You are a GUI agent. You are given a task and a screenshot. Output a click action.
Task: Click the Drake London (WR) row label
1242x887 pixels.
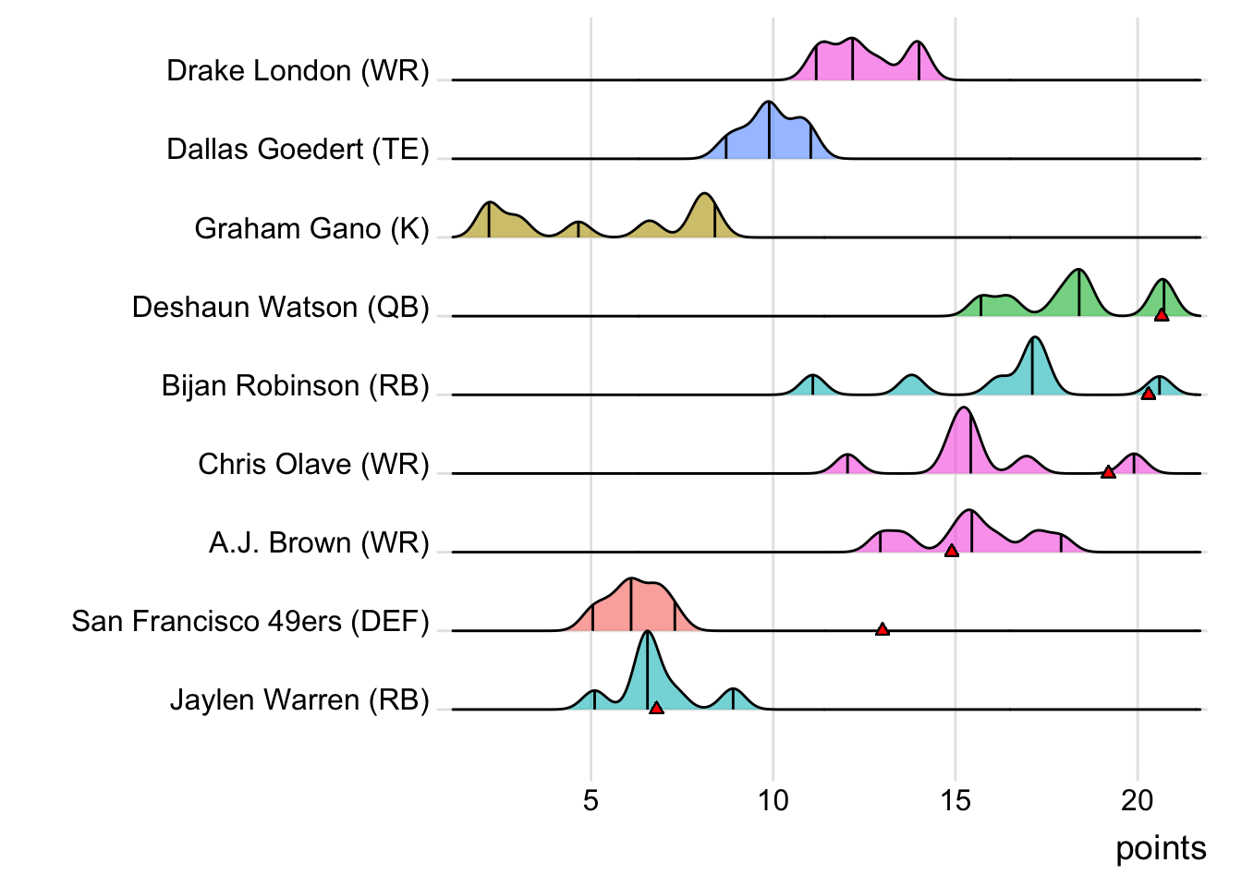298,71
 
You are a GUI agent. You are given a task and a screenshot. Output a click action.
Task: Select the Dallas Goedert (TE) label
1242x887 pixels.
298,150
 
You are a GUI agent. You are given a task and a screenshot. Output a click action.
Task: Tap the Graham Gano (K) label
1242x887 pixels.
311,228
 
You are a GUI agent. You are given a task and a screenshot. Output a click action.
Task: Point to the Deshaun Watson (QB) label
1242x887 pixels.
280,307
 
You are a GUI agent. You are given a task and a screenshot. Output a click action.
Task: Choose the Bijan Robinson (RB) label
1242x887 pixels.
295,385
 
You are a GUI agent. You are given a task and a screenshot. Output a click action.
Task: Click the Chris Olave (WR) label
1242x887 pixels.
313,464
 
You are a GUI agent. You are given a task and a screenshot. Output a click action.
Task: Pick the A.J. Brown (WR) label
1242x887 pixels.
319,542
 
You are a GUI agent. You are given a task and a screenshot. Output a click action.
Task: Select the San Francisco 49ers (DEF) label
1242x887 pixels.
250,621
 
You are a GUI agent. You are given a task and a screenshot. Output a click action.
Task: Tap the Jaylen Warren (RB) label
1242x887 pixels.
299,699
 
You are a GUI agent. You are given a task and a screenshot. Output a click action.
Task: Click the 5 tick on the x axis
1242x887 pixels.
591,800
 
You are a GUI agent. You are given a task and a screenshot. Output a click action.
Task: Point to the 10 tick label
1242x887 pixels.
773,800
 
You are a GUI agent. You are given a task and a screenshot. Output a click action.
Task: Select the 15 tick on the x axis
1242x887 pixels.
956,800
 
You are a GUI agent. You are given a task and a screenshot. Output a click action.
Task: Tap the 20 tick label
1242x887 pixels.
1138,800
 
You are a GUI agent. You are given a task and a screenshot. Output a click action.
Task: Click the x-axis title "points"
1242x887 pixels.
1161,848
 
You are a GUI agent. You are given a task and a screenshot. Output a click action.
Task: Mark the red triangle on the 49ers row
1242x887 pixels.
883,629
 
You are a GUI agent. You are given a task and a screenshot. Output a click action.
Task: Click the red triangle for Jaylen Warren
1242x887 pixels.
656,708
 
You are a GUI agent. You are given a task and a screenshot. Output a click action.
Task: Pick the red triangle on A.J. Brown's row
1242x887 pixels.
951,551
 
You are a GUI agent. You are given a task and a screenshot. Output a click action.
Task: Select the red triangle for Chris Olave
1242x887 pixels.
1108,472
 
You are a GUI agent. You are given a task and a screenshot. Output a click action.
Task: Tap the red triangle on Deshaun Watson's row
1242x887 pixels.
1162,315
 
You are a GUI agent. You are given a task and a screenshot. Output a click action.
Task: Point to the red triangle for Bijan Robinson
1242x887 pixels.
1148,394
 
